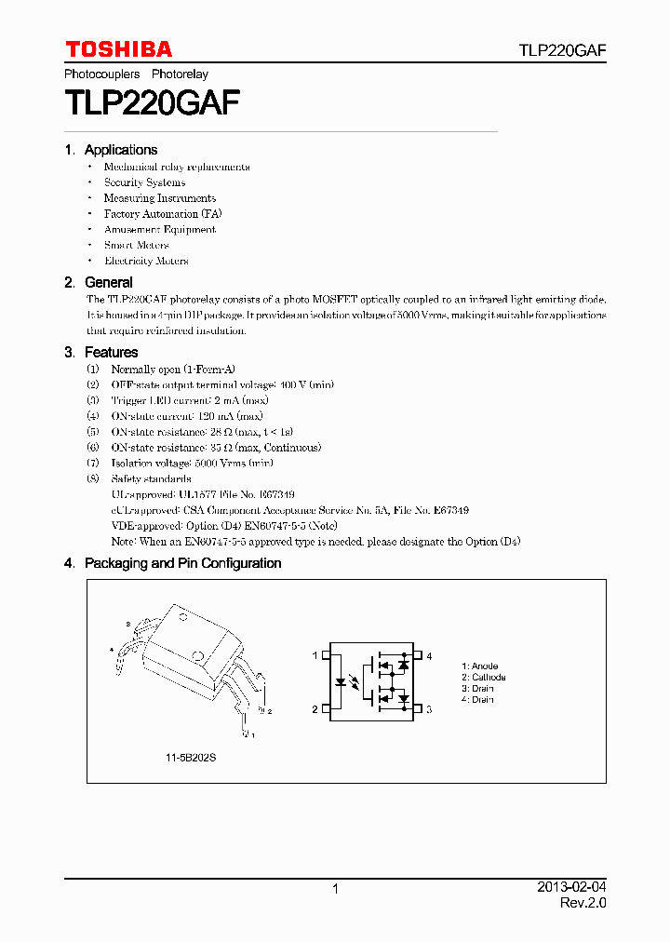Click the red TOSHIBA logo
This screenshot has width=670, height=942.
click(118, 49)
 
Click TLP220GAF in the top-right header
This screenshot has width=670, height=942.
click(562, 50)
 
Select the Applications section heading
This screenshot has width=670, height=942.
click(120, 150)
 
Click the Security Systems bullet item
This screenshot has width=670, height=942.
click(144, 182)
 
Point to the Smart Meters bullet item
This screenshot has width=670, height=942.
click(136, 246)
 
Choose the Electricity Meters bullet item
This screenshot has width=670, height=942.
click(146, 262)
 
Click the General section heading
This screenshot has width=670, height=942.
click(108, 282)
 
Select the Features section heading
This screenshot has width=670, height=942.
click(111, 352)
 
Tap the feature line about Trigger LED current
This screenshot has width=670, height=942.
click(189, 400)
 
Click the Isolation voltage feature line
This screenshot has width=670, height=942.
click(192, 464)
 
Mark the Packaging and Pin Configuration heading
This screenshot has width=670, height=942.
click(182, 563)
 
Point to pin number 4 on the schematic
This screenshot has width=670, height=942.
click(429, 656)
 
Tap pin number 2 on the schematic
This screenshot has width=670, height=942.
click(315, 709)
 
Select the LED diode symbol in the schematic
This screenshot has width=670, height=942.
click(342, 682)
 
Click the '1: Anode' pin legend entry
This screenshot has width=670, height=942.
click(479, 666)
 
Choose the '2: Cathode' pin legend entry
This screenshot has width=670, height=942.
click(483, 678)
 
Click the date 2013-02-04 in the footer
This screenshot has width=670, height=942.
click(571, 888)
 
